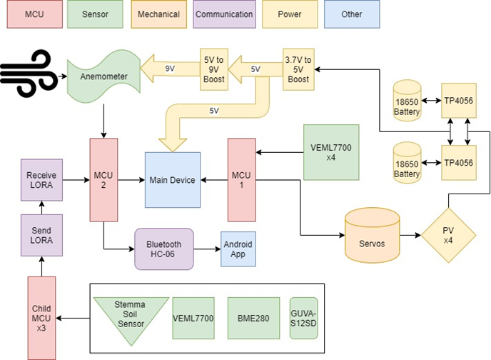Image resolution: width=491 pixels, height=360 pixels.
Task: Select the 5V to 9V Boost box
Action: [x=213, y=69]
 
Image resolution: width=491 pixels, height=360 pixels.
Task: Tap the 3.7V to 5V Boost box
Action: [x=297, y=69]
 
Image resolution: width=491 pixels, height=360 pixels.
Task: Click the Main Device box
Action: [x=172, y=181]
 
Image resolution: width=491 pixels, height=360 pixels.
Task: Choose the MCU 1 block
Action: [x=241, y=180]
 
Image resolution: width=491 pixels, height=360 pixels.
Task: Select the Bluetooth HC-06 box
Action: [x=164, y=249]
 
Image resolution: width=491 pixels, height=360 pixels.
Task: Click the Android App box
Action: [x=237, y=249]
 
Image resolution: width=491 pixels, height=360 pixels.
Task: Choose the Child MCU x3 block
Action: [x=41, y=318]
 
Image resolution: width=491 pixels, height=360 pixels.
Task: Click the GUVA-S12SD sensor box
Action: [x=303, y=318]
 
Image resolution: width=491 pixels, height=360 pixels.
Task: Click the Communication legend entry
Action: [x=224, y=14]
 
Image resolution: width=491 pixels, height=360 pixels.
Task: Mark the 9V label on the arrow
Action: [x=171, y=69]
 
